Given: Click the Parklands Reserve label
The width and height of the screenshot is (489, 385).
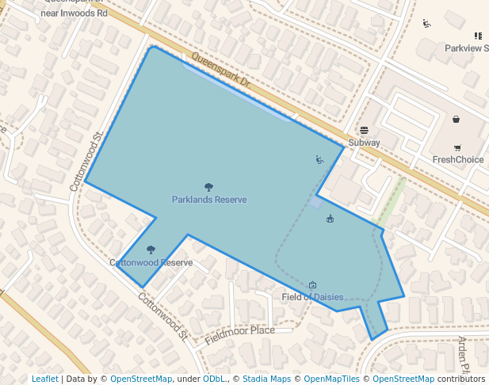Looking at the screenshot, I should coord(209,200).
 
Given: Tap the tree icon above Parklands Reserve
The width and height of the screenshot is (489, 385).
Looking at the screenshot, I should coord(208,188).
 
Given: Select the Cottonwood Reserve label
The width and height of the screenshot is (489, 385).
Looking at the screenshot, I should coord(151,262).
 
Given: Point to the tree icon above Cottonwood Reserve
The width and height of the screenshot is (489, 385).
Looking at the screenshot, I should coord(151,250).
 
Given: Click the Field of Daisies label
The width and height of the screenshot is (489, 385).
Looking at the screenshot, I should coord(312,297).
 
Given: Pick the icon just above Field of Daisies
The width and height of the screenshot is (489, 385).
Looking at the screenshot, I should coord(312,285).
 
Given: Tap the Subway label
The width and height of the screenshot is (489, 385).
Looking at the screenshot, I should coord(364,143).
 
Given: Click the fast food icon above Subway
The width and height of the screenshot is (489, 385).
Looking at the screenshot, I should coord(364,130).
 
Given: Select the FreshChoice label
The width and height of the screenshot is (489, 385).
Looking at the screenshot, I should coord(457,159).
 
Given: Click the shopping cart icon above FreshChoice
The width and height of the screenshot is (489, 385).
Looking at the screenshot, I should coord(457,147).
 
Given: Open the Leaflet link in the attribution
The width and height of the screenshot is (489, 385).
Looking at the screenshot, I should coord(45,379).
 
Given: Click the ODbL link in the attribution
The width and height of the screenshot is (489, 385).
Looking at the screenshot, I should coord(214,379).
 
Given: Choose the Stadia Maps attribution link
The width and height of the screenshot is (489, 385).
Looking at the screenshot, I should coord(266,379).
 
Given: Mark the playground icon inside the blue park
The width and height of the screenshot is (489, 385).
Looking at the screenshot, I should coord(319,160).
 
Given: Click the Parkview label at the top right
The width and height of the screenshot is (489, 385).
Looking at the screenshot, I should coord(466,48).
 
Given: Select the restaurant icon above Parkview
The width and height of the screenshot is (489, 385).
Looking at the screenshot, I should coord(478,36).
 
